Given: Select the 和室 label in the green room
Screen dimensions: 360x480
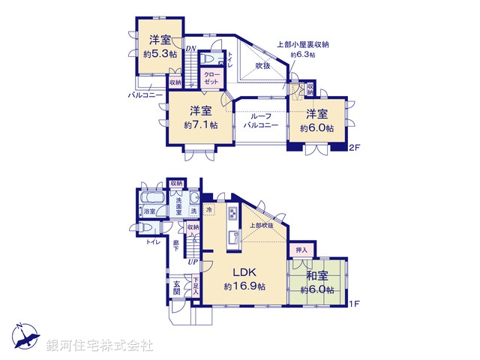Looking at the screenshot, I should click(318, 275).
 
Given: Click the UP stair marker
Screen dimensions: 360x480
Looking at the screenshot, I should click(193, 262).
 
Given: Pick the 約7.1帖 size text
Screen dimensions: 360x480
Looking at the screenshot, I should click(200, 125).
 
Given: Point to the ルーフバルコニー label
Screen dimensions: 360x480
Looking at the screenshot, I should click(260, 121).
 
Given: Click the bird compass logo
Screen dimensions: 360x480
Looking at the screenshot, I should click(23, 334).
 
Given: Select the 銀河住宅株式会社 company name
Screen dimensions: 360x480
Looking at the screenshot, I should click(100, 346).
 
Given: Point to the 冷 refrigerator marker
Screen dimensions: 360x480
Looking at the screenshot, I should click(209, 210).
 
